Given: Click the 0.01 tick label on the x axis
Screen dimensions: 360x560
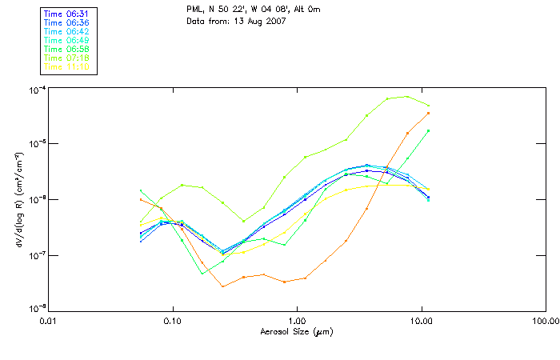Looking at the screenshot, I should pos(48,321).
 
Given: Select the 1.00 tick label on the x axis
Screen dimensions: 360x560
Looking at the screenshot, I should pos(297,321).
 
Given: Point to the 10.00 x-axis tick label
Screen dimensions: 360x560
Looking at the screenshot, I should pos(421,321).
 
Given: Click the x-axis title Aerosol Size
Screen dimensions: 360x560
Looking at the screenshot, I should pos(296,331).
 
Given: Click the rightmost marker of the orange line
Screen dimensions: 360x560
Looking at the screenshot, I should pos(429,113).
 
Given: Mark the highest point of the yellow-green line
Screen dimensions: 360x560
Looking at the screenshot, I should pos(407,97).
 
